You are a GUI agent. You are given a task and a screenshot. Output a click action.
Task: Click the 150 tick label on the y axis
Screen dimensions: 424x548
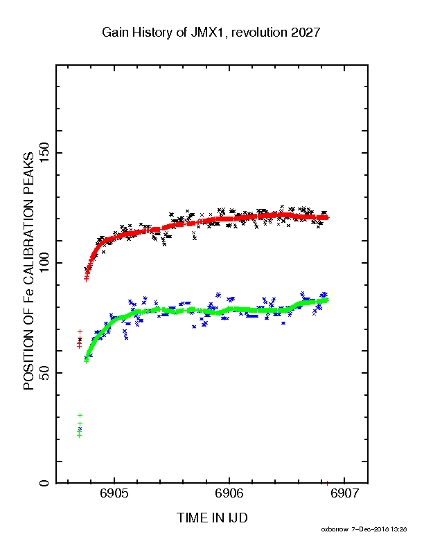pyautogui.click(x=45, y=153)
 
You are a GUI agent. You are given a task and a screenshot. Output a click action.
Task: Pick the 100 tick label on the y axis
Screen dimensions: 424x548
pyautogui.click(x=45, y=263)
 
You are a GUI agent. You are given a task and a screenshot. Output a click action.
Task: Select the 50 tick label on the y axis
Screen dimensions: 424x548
pyautogui.click(x=45, y=373)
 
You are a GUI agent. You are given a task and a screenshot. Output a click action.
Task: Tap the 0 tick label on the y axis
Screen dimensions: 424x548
pyautogui.click(x=45, y=484)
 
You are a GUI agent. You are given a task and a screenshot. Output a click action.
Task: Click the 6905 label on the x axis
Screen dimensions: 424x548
pyautogui.click(x=114, y=493)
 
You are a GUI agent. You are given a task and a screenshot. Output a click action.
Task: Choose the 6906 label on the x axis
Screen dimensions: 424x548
pyautogui.click(x=229, y=493)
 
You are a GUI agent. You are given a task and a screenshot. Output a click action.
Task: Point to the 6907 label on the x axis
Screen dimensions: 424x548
pyautogui.click(x=344, y=493)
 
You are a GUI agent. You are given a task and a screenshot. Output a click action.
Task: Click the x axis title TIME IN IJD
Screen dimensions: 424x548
pyautogui.click(x=212, y=518)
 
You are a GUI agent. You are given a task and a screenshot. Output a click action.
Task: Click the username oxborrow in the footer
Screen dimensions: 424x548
pyautogui.click(x=335, y=529)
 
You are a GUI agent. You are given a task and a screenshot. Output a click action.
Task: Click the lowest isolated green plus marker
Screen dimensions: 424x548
pyautogui.click(x=80, y=435)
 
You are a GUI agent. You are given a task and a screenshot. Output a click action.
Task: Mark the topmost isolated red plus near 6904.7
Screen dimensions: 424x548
pyautogui.click(x=80, y=331)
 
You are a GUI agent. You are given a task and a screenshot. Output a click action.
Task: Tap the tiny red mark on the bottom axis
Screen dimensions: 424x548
pyautogui.click(x=327, y=484)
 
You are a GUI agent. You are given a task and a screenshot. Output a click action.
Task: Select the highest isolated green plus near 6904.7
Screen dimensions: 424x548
pyautogui.click(x=80, y=415)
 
